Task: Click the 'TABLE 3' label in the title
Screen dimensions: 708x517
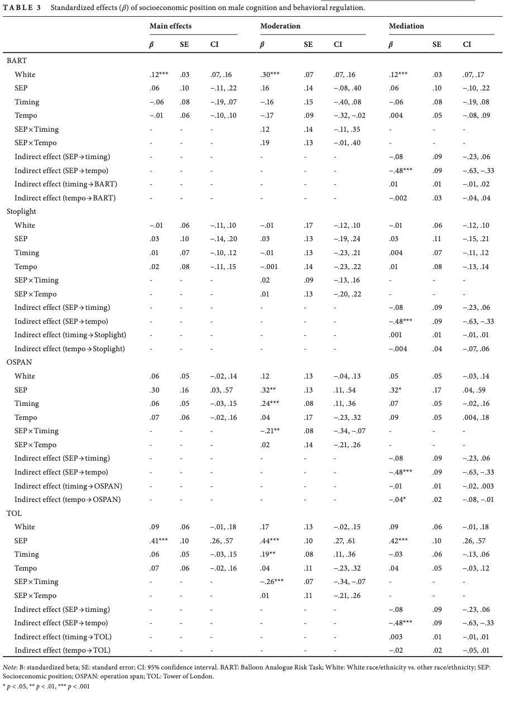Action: [22, 8]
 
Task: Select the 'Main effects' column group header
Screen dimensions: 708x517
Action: [170, 26]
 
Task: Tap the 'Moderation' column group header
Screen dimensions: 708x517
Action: [280, 26]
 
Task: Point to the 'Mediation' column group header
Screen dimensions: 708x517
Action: [406, 26]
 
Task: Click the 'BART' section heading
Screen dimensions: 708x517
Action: [16, 61]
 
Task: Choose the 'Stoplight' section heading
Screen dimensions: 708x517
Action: [21, 212]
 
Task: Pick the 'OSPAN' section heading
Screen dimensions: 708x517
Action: [19, 362]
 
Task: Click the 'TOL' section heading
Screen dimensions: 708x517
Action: [14, 513]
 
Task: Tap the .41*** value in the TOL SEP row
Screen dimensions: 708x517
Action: [159, 540]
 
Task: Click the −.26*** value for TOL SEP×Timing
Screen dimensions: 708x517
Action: [272, 582]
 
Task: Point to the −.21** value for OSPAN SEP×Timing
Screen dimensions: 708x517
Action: [270, 431]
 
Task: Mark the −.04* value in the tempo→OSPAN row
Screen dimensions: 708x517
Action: [397, 500]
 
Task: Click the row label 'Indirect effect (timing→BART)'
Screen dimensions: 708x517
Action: [66, 184]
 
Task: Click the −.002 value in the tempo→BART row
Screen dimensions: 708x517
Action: [398, 198]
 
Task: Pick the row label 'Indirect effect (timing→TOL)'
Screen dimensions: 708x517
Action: [62, 637]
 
